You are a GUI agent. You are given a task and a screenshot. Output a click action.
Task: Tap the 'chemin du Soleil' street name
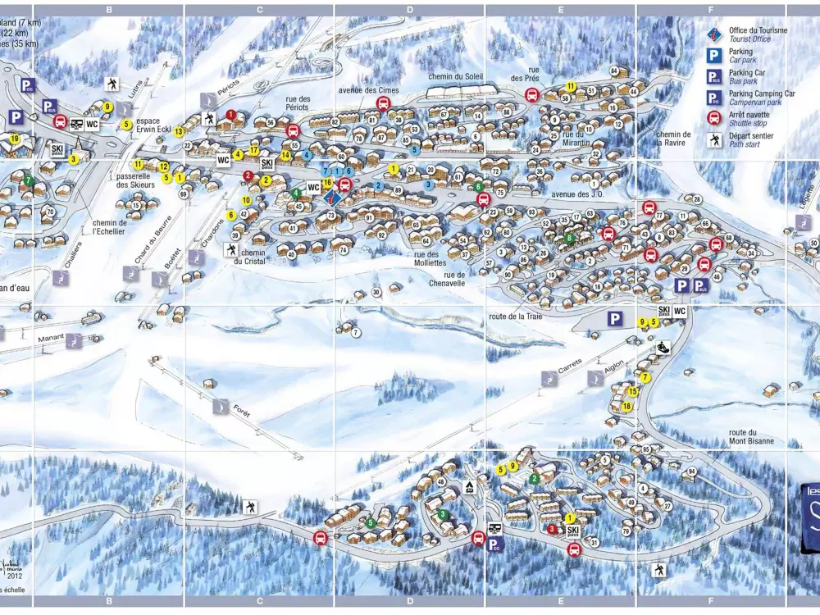click(456, 76)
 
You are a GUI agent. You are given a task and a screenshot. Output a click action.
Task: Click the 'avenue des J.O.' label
click(577, 194)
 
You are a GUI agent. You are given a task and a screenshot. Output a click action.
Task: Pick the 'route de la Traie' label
click(516, 315)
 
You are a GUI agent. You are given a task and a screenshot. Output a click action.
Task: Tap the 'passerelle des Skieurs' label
click(136, 180)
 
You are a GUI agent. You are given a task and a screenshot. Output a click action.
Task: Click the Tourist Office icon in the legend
click(714, 34)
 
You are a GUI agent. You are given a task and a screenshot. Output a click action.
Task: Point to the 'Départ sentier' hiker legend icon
click(714, 140)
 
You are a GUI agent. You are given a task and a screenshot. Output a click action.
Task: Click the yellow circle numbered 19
click(15, 139)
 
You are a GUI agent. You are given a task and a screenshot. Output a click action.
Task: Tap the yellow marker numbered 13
click(179, 131)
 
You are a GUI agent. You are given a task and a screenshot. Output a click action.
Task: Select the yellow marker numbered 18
click(626, 406)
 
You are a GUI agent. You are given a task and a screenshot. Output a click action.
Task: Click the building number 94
click(691, 472)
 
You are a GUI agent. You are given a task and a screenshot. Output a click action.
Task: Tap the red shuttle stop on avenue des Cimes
click(383, 103)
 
